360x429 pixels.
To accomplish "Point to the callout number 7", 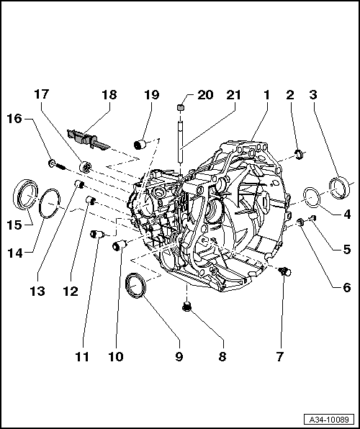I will coord(279,355).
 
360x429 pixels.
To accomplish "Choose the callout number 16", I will coord(14,119).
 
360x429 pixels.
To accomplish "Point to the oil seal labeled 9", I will coord(135,284).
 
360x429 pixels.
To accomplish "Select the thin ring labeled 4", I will coord(312,197).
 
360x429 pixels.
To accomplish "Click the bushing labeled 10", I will coord(119,247).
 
